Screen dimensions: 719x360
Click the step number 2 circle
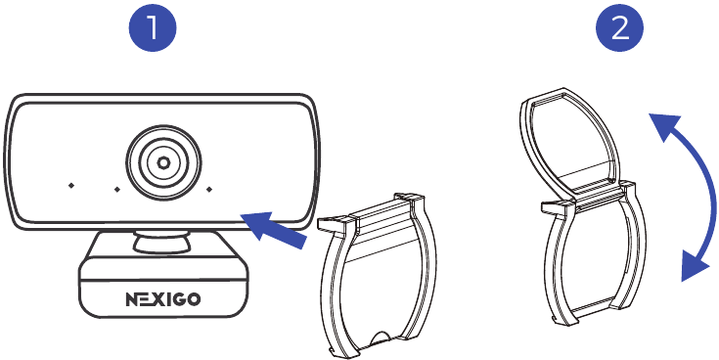pos(620,30)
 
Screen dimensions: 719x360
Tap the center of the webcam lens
pos(162,161)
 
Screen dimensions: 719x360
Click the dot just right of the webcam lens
pos(208,188)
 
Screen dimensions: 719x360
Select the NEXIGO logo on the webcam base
pos(163,298)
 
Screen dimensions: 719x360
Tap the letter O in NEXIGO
pos(196,298)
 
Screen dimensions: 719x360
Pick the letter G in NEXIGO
pos(182,298)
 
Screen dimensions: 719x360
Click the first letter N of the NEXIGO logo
pos(132,298)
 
